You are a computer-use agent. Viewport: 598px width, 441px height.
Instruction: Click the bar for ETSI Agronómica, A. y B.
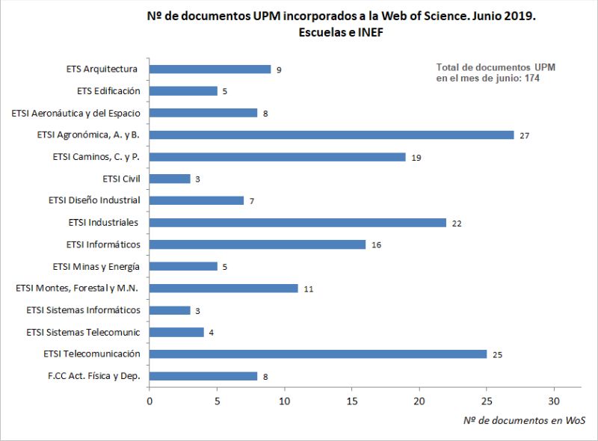pos(331,135)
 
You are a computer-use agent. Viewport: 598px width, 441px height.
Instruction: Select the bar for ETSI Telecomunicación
pos(318,354)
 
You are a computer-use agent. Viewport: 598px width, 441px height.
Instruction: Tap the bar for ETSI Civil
pos(170,179)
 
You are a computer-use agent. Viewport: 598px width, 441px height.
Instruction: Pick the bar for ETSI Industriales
pos(298,222)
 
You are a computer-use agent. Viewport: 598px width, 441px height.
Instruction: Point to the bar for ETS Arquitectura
pos(210,69)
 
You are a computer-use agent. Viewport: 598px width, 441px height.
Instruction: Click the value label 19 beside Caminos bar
pos(416,157)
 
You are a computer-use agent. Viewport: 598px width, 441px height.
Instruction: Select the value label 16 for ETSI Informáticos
pos(376,244)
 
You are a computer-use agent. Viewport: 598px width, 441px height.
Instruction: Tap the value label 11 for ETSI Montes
pos(308,289)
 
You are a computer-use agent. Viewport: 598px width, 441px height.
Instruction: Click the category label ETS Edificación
pos(108,91)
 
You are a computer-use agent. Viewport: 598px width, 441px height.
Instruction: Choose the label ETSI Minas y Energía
pos(96,266)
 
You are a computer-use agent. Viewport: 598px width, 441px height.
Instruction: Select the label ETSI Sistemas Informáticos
pos(83,310)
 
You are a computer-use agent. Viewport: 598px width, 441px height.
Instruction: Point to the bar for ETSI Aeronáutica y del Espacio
pos(203,113)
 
